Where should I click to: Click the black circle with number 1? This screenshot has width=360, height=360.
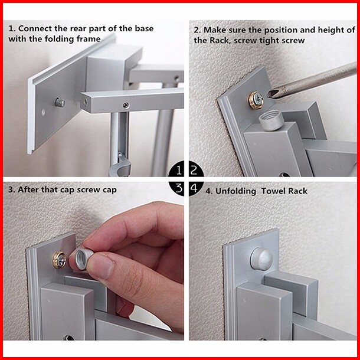(x=177, y=171)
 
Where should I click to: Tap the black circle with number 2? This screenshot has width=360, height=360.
(x=195, y=171)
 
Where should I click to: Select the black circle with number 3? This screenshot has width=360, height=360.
(x=177, y=188)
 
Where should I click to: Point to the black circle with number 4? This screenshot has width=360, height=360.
(x=195, y=188)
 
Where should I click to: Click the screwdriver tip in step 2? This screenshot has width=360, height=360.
(x=269, y=94)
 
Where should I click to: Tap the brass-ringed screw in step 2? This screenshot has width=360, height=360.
(x=257, y=100)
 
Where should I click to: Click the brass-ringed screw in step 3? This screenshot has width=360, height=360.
(x=59, y=260)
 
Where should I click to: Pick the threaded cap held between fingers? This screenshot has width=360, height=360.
(x=81, y=258)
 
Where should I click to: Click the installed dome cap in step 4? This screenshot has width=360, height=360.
(x=261, y=258)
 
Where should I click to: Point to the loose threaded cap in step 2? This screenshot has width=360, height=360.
(x=271, y=120)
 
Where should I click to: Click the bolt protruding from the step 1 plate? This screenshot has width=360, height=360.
(x=60, y=103)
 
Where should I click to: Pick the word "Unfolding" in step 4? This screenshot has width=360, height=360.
(x=236, y=191)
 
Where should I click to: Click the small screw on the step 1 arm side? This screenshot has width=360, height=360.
(x=125, y=105)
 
